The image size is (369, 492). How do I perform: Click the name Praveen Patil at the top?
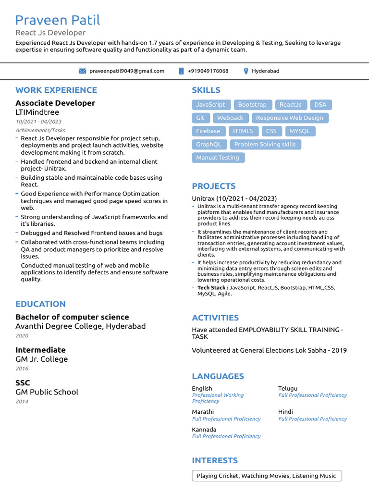coord(58,20)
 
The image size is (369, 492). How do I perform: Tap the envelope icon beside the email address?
coord(82,71)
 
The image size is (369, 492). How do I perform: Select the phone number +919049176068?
coord(208,71)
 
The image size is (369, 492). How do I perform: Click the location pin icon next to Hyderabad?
coord(246,71)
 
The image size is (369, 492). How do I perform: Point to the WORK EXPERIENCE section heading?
coord(56,90)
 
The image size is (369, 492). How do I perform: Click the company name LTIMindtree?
coord(37,112)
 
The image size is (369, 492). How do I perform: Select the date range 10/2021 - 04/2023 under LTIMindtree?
coord(38,122)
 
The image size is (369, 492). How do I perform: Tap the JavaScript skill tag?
coord(210,105)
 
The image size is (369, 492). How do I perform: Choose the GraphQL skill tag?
coord(209,144)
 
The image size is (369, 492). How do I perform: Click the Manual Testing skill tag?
coord(218,158)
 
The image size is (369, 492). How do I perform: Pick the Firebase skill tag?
coord(208,131)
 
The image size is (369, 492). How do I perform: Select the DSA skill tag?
coord(320,105)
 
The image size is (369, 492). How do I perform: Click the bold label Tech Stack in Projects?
coord(212,288)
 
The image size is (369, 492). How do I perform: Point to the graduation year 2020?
coord(22,336)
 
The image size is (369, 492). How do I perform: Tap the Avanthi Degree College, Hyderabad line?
coord(80,326)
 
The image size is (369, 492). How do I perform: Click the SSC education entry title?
coord(23,383)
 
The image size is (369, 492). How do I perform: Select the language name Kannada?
coord(204,430)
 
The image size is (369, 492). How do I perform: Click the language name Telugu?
coord(288,388)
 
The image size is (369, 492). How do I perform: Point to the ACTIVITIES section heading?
coord(215,318)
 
